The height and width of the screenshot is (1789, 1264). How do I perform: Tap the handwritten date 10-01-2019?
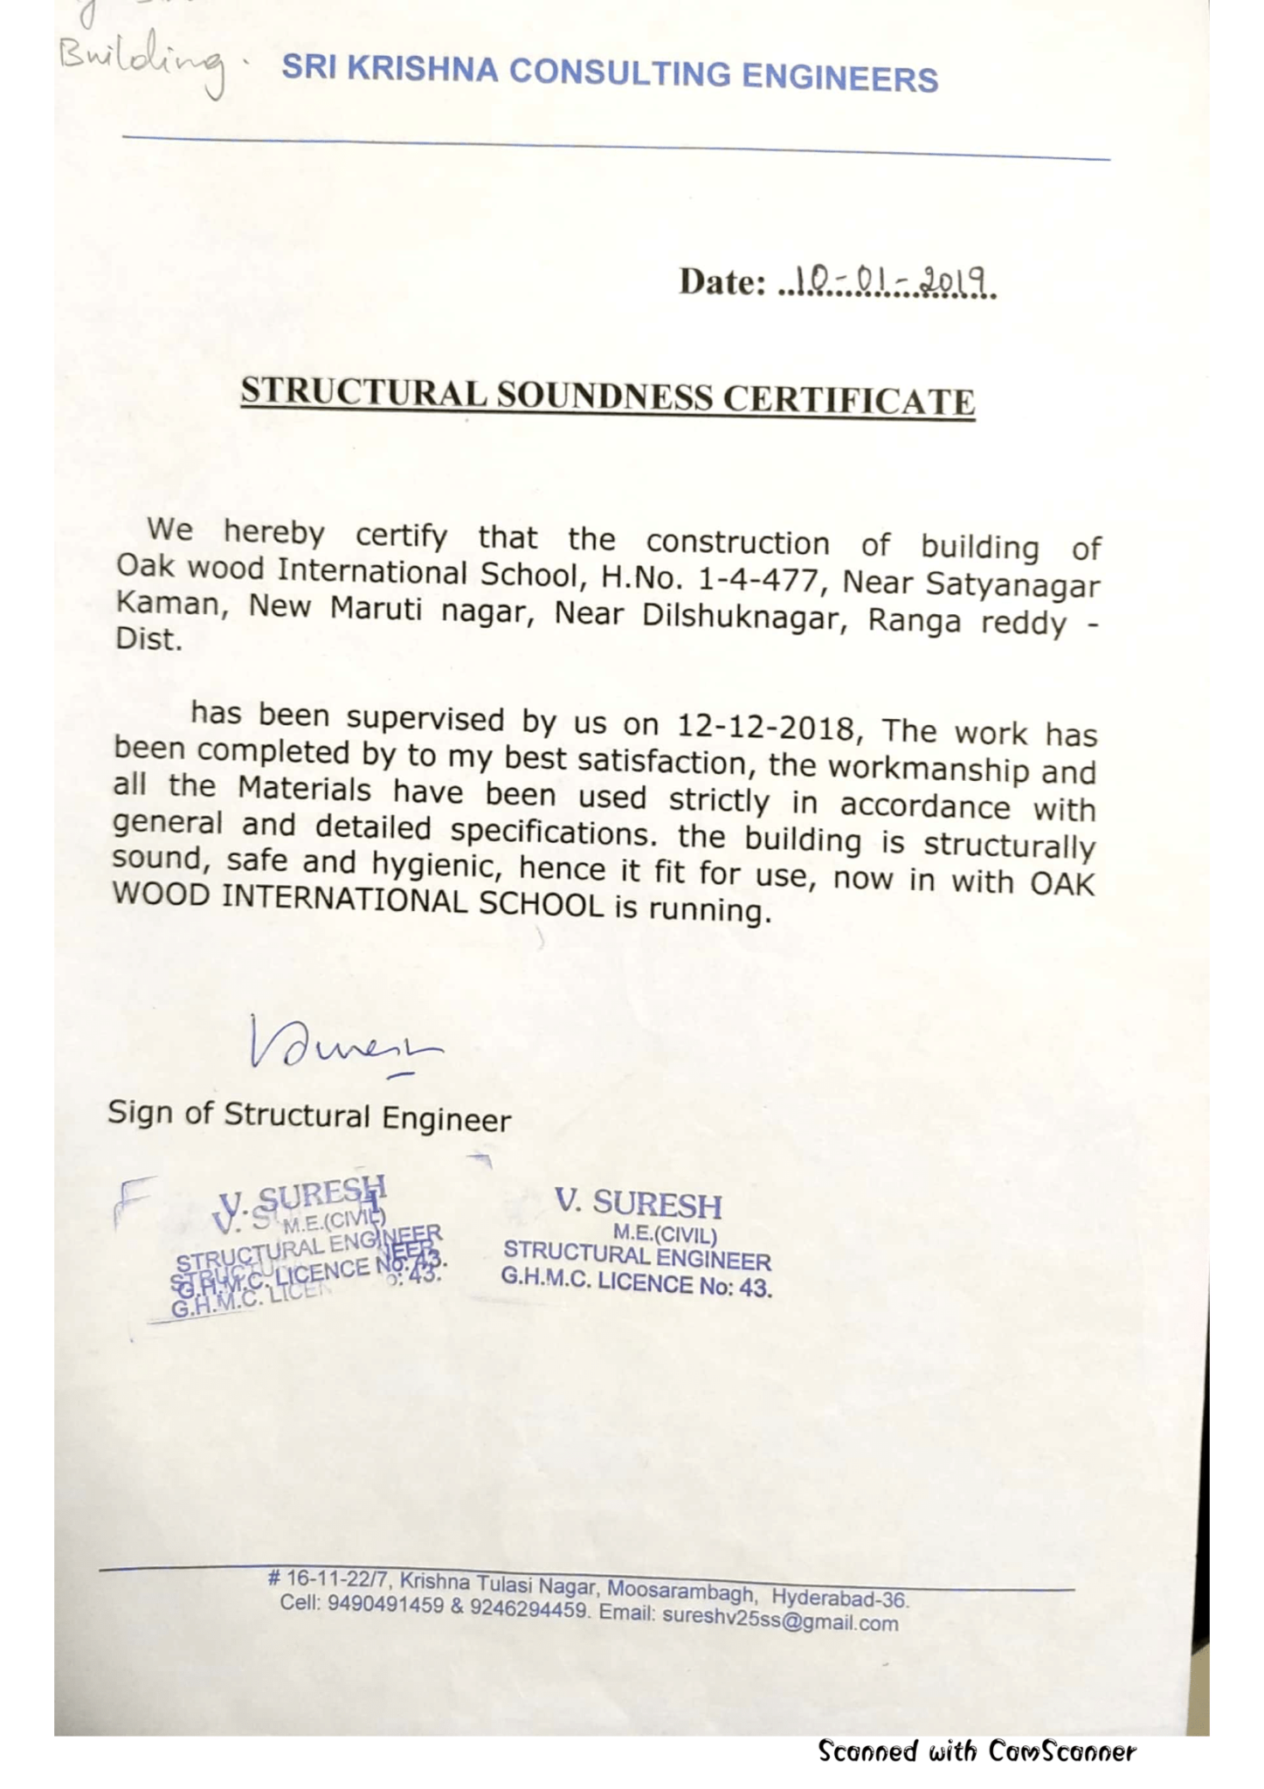(x=887, y=282)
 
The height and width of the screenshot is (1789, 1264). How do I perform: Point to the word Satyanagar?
(x=1013, y=584)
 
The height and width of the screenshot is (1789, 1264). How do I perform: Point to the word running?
(x=709, y=911)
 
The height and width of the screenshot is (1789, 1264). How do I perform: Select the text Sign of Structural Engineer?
(x=309, y=1116)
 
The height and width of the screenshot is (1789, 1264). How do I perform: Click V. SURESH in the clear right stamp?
(x=639, y=1204)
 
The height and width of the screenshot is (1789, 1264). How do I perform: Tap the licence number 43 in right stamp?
(x=755, y=1288)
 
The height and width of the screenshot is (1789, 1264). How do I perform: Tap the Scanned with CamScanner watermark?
(x=977, y=1751)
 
